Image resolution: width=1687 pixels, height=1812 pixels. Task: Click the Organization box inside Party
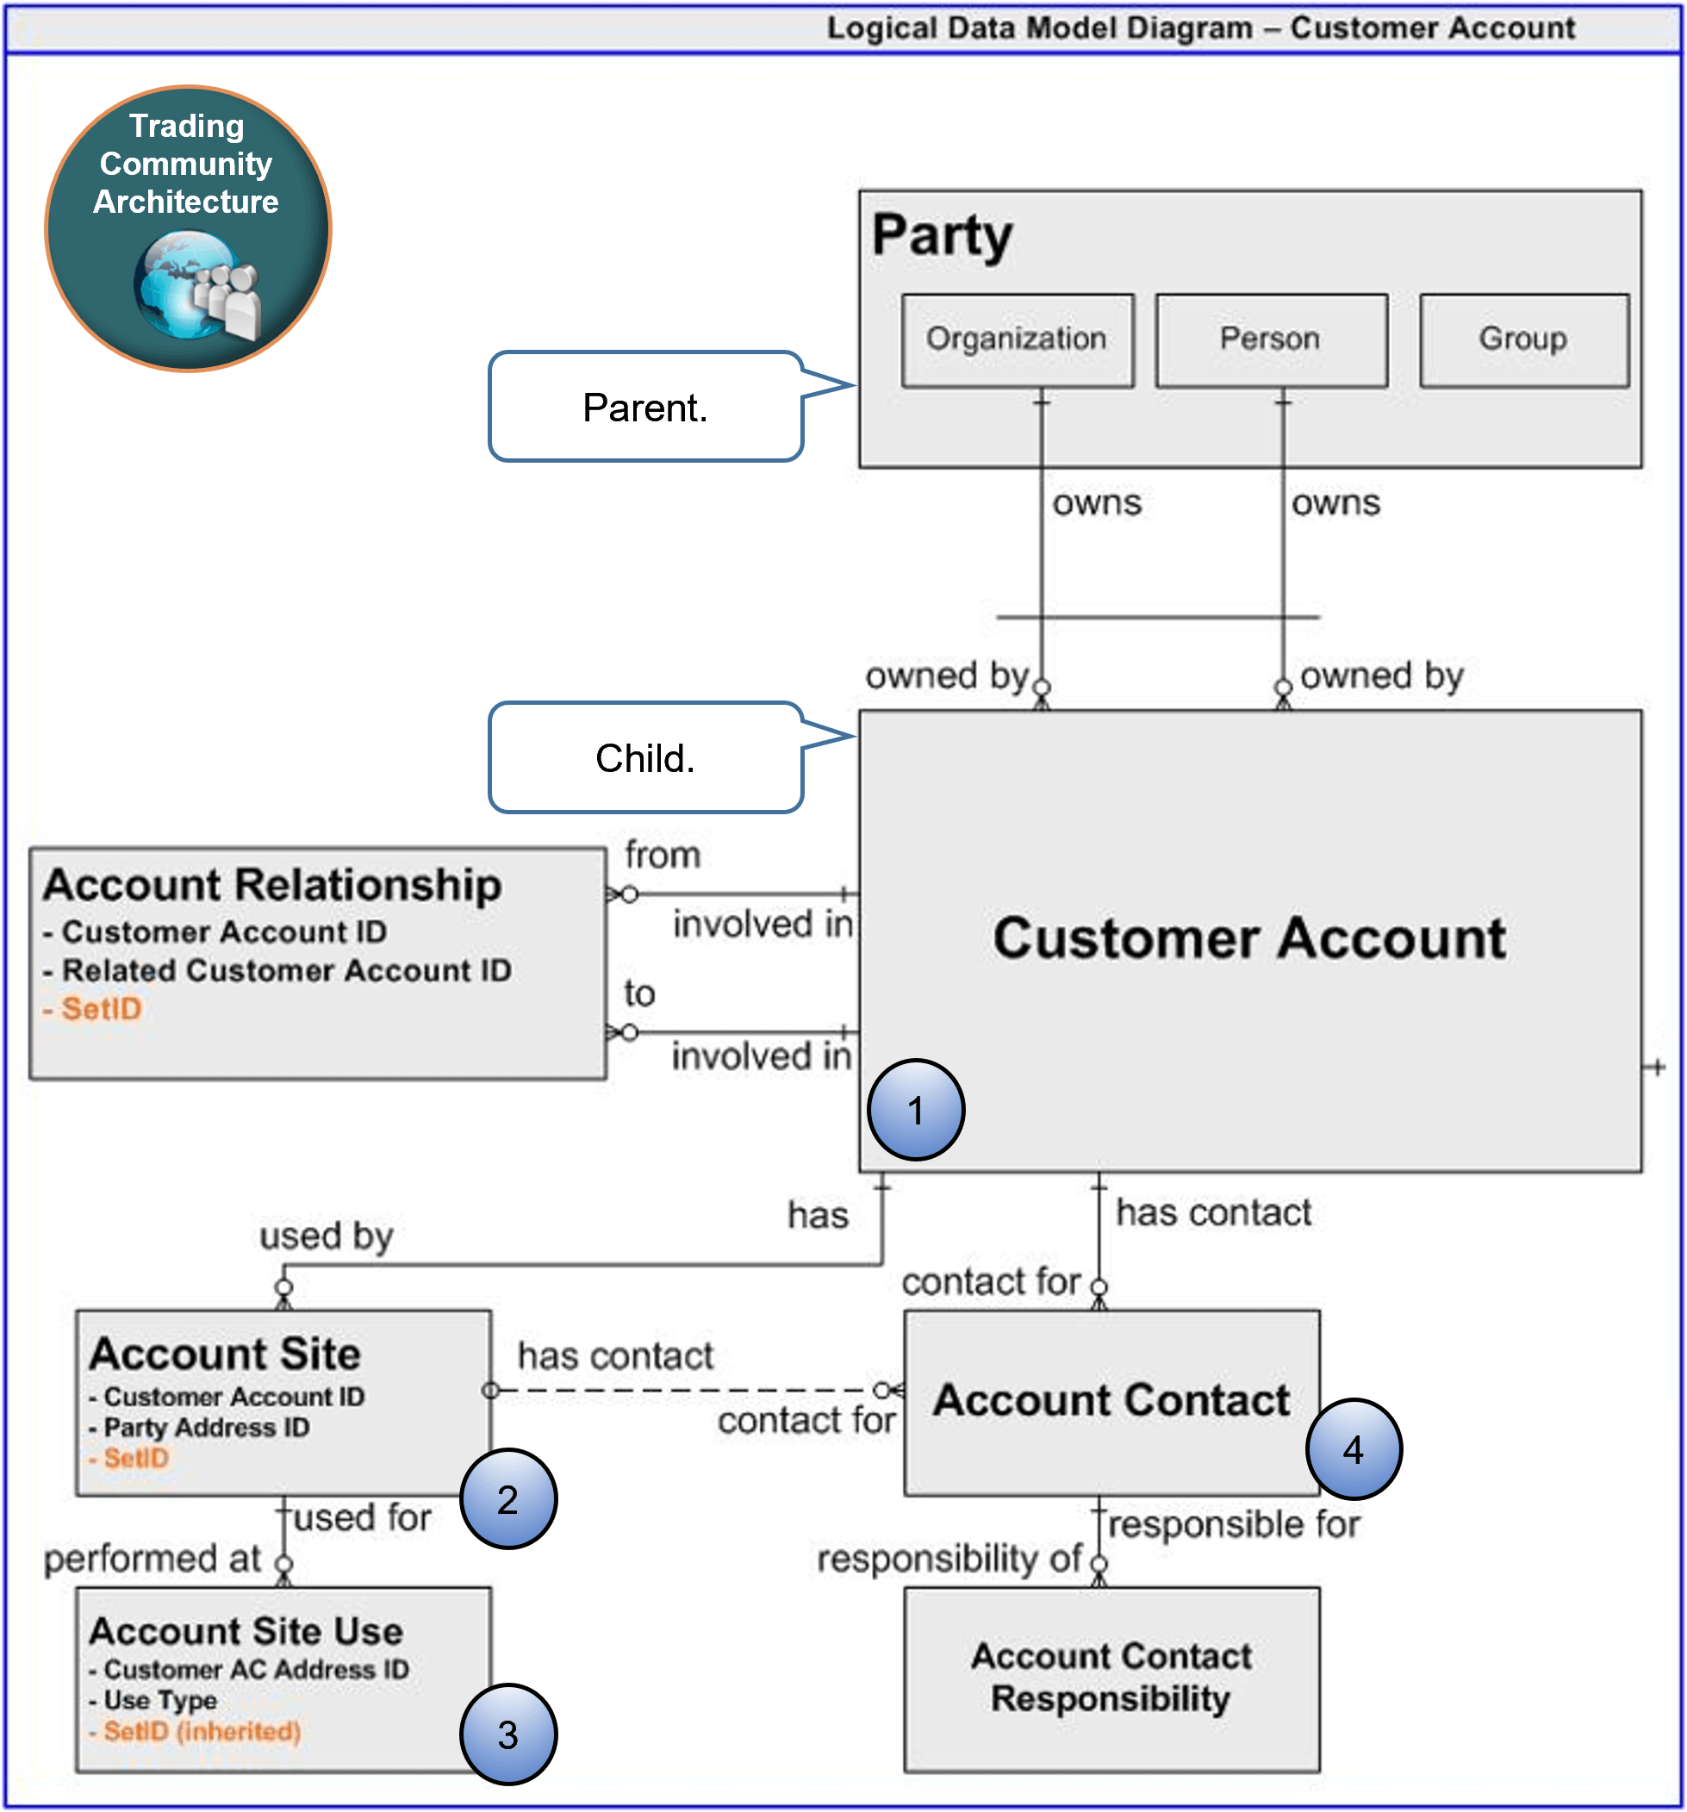(1018, 340)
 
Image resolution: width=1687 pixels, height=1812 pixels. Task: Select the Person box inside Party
(1271, 340)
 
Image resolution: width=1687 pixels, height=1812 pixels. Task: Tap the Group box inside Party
(1523, 340)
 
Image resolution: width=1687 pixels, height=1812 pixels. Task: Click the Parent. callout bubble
(645, 408)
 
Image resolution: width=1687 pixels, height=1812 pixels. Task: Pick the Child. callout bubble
(645, 758)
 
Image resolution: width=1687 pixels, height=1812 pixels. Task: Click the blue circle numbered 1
(915, 1110)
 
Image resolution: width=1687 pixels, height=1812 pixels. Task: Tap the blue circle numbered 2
(507, 1499)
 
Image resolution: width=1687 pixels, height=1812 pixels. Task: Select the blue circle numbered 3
(507, 1734)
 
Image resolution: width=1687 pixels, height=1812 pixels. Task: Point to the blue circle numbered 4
(1354, 1449)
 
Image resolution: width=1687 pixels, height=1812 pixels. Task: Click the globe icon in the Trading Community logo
(187, 284)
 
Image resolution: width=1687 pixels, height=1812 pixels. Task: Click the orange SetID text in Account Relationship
(101, 1009)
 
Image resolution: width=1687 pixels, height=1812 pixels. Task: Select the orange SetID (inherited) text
(202, 1731)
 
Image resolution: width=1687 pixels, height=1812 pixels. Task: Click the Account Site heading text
(225, 1354)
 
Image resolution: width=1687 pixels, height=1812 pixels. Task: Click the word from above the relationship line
(663, 855)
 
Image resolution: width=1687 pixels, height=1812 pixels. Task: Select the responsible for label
(1234, 1525)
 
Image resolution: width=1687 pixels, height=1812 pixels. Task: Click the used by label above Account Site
(327, 1236)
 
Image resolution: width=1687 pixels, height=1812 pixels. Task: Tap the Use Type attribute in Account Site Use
(160, 1700)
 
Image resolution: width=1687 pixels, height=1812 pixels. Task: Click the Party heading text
(942, 235)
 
